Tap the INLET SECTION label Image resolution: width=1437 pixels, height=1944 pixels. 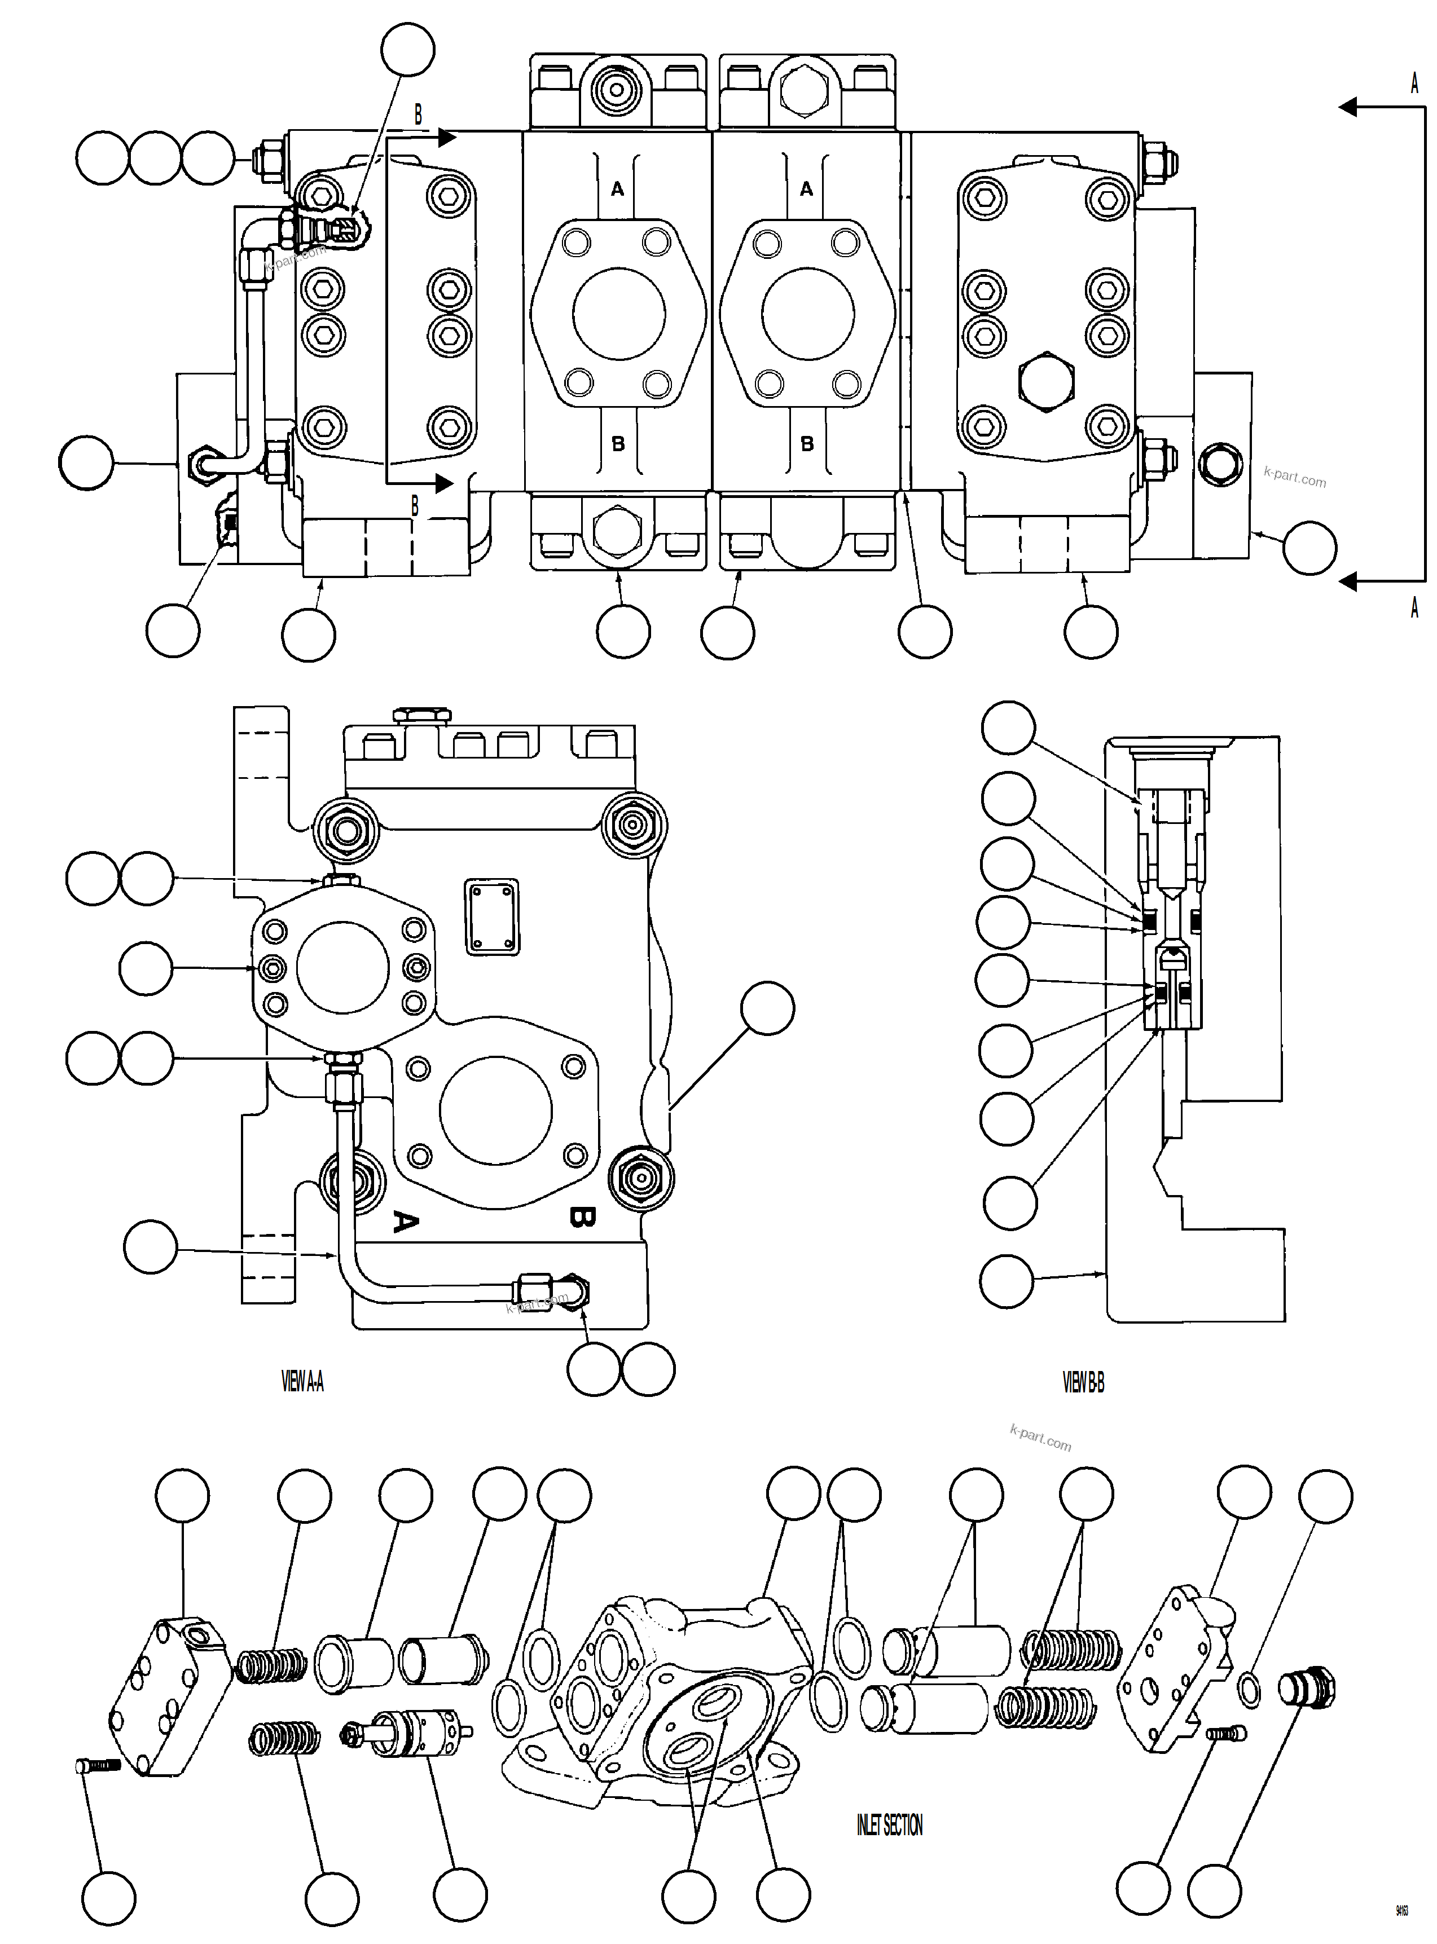889,1825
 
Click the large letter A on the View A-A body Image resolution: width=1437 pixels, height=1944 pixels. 403,1220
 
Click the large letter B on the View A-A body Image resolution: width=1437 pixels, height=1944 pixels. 581,1217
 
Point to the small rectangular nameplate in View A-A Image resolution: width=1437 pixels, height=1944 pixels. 493,916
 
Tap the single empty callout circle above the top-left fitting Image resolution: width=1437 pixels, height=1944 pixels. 408,50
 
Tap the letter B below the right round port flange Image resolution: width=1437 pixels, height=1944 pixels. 806,443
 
